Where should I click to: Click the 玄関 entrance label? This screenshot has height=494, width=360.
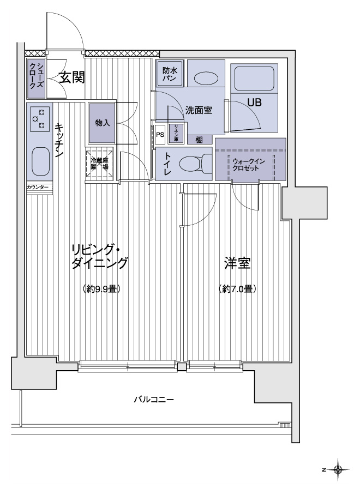click(x=71, y=77)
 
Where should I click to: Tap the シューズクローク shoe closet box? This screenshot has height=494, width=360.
click(x=37, y=77)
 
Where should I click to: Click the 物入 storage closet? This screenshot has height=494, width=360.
click(x=102, y=123)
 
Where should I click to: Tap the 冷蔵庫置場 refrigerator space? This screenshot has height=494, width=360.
click(x=99, y=162)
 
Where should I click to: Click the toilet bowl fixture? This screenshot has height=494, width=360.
click(x=194, y=164)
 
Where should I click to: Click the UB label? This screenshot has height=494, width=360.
click(x=254, y=102)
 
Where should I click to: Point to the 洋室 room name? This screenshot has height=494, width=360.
click(x=237, y=264)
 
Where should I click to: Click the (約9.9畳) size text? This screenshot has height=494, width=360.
click(x=101, y=288)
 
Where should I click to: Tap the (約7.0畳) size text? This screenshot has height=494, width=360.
click(x=238, y=288)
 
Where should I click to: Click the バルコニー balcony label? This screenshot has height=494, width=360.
click(x=154, y=400)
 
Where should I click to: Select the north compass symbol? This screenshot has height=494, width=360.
click(x=338, y=469)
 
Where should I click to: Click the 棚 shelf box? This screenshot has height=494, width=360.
click(x=200, y=140)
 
